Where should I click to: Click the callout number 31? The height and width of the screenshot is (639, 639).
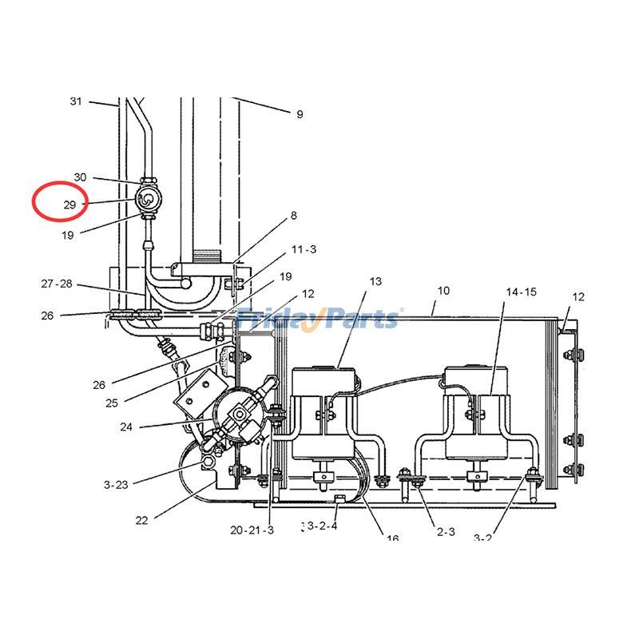tap(76, 101)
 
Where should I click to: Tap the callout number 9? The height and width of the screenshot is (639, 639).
tap(300, 114)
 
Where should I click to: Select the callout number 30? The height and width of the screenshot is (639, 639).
tap(80, 177)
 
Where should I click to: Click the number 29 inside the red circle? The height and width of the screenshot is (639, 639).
tap(69, 205)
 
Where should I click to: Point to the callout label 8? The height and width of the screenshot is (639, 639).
tap(294, 216)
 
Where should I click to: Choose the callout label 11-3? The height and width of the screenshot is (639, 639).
tap(304, 250)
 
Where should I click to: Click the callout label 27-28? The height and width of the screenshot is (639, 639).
tap(57, 284)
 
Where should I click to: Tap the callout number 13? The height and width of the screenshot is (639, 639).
tap(375, 281)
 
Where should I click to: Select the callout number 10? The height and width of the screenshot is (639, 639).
tap(444, 291)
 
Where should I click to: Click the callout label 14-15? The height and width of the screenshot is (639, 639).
tap(521, 292)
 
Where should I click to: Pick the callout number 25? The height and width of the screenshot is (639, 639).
tap(111, 403)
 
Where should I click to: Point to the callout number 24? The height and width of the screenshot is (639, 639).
tap(126, 427)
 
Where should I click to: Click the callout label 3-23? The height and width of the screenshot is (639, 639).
tap(116, 484)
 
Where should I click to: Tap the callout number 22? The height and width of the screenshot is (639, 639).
tap(141, 521)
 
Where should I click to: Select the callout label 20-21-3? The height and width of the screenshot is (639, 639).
tap(252, 530)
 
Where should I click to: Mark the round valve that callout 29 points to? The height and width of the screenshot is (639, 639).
tap(148, 199)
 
